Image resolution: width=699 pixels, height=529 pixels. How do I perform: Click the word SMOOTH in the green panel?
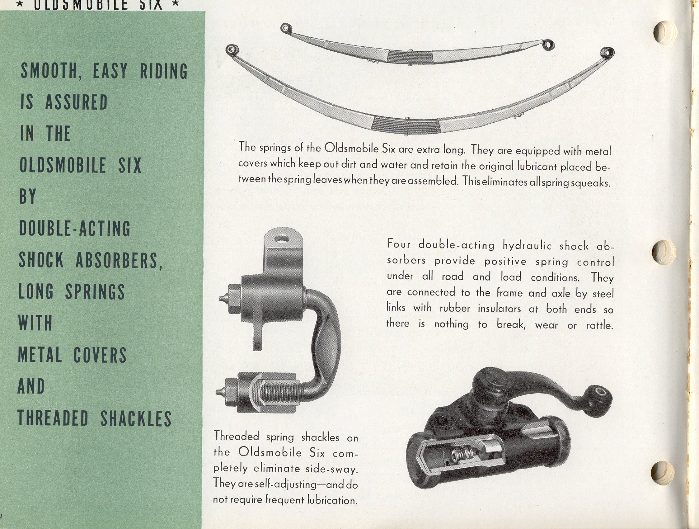click(x=49, y=71)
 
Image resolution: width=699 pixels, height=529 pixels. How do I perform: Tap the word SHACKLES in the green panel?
click(x=136, y=418)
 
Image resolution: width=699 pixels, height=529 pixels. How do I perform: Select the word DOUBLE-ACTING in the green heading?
click(x=75, y=229)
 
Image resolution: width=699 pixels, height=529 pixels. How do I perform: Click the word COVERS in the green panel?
click(x=100, y=355)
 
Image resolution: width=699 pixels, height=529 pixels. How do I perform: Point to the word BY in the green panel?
click(x=28, y=196)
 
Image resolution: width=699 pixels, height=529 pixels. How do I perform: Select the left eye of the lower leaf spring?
click(x=231, y=49)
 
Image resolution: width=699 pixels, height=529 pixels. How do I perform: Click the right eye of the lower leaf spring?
click(x=608, y=53)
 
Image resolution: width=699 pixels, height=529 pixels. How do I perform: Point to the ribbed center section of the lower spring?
click(x=406, y=124)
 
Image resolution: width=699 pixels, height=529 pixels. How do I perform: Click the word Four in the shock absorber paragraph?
click(x=399, y=243)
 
